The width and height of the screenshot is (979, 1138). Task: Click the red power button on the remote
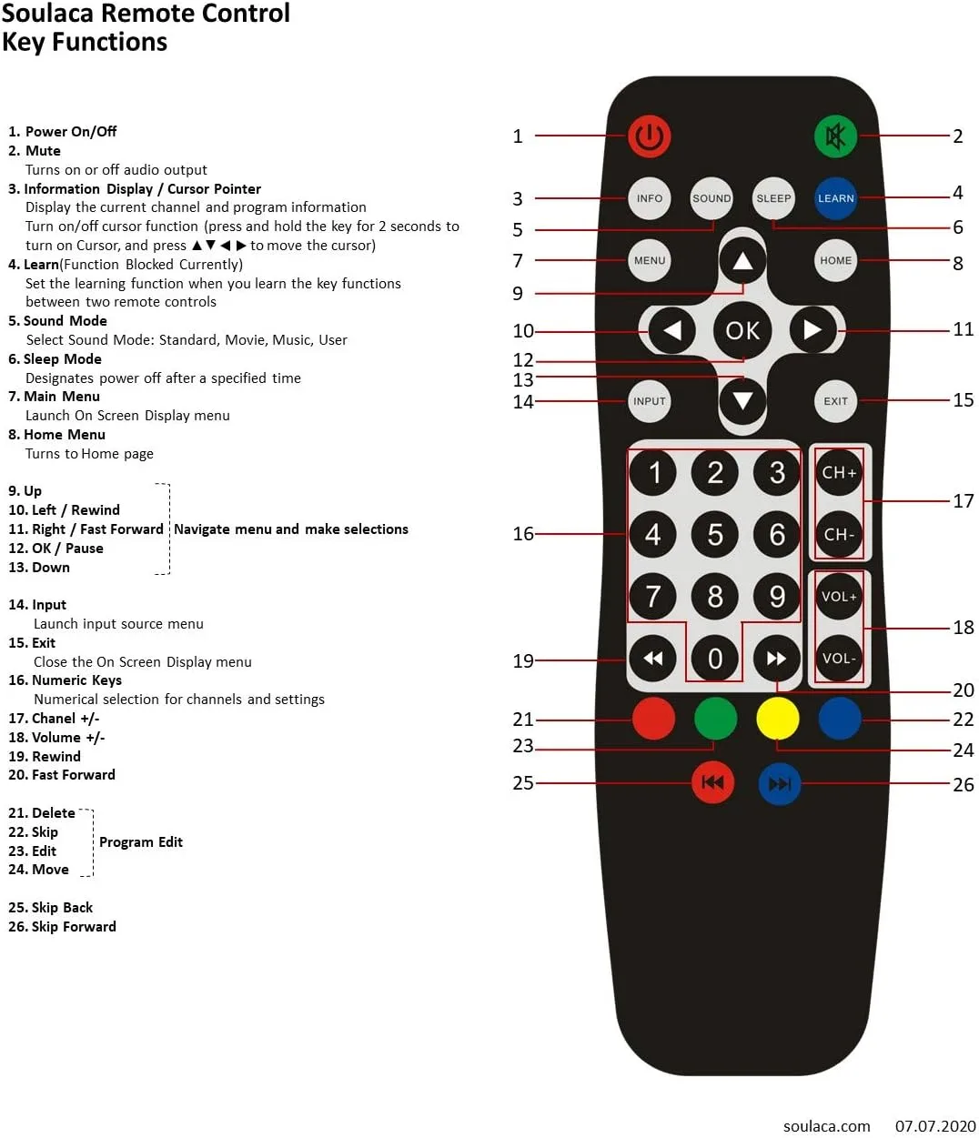click(x=649, y=136)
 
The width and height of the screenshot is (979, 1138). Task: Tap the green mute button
click(x=834, y=136)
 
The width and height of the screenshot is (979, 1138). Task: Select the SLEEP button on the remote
click(x=773, y=198)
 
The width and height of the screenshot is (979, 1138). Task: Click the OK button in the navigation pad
click(x=742, y=330)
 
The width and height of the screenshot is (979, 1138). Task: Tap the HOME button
click(x=834, y=260)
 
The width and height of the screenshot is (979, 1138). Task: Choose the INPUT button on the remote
click(x=649, y=401)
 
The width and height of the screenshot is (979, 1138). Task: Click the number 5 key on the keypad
click(x=714, y=535)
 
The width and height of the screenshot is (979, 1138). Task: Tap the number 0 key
click(x=714, y=659)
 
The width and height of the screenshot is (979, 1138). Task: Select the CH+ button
click(x=838, y=472)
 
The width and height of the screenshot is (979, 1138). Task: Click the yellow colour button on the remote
click(x=777, y=719)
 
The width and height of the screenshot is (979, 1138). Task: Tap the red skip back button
click(x=712, y=782)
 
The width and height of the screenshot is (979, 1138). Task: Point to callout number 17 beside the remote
click(x=963, y=501)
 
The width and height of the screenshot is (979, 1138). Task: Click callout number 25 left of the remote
click(x=522, y=783)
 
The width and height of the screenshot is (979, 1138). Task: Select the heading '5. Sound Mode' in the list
click(x=57, y=321)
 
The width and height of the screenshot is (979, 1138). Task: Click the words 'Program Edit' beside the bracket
click(x=140, y=842)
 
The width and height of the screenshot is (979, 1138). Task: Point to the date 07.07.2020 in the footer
click(x=934, y=1126)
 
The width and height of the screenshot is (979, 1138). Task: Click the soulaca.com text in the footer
click(x=826, y=1126)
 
